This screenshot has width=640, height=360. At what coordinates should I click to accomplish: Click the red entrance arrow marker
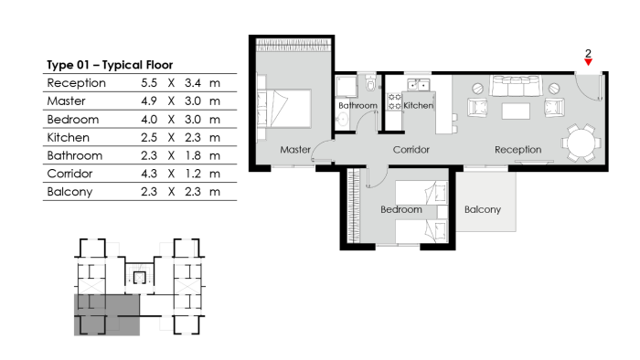(588, 62)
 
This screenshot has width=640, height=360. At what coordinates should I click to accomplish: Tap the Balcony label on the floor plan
(483, 209)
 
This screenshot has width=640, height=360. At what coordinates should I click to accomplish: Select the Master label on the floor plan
(295, 150)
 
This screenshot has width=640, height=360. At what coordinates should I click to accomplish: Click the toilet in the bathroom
(370, 83)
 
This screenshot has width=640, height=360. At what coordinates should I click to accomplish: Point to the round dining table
(581, 143)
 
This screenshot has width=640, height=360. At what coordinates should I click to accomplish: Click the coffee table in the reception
(516, 111)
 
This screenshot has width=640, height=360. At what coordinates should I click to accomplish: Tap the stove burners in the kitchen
(395, 101)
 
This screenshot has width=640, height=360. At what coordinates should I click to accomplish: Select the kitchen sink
(419, 85)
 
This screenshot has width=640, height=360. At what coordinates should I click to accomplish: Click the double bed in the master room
(284, 109)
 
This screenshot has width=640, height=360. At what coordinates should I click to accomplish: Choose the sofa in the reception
(517, 86)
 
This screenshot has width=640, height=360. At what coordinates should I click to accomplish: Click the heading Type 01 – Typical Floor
(110, 65)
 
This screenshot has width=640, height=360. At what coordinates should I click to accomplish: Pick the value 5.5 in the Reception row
(149, 83)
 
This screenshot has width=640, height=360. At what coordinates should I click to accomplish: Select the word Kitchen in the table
(69, 138)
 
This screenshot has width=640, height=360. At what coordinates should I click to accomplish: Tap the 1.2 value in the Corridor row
(193, 174)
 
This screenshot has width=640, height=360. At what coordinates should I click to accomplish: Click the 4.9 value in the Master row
(149, 101)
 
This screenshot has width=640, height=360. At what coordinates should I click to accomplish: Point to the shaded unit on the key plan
(107, 314)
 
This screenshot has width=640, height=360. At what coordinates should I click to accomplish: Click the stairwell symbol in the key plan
(140, 278)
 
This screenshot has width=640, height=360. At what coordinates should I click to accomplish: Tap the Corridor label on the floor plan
(411, 150)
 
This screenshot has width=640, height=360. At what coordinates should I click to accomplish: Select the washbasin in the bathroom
(342, 120)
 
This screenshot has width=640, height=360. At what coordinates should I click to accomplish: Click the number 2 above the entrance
(588, 53)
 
